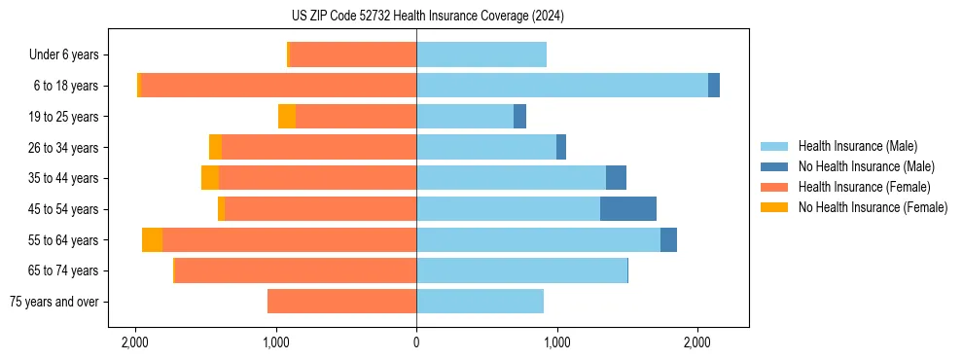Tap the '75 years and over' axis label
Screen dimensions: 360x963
(53, 302)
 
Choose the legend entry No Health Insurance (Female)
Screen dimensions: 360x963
(873, 207)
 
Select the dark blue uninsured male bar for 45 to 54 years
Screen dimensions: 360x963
(628, 209)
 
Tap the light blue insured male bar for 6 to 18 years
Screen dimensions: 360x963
(562, 86)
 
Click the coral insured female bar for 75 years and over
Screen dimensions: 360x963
(341, 302)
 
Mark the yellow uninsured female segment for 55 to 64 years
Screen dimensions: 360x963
(152, 240)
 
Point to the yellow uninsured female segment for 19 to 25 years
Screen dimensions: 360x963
(287, 117)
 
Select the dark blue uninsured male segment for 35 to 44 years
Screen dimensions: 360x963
(616, 178)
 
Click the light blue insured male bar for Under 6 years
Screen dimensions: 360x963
(481, 54)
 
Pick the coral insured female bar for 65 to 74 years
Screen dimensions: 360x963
(296, 270)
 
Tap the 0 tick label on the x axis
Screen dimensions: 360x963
(416, 342)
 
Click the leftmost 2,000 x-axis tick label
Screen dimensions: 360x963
(135, 342)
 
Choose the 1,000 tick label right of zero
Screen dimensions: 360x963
(556, 342)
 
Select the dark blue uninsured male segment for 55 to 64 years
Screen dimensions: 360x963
(668, 240)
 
